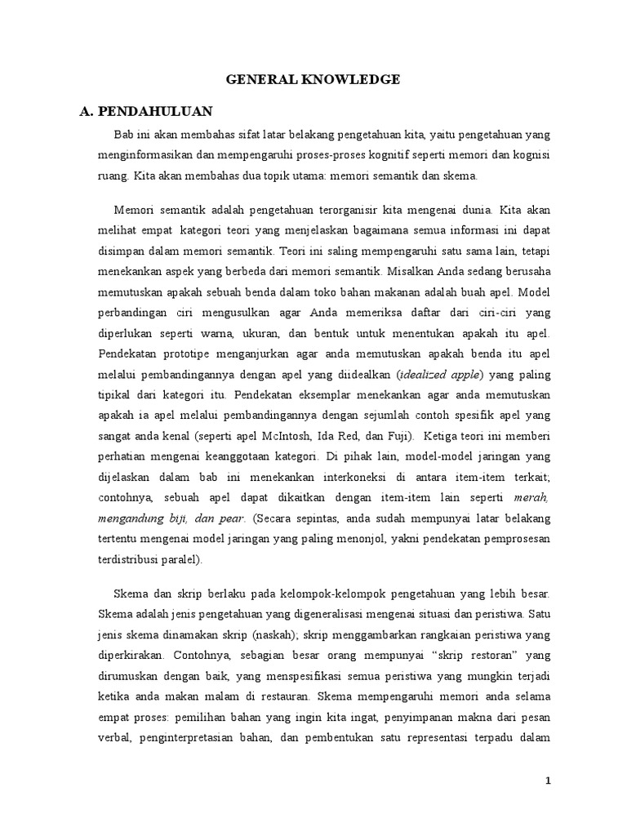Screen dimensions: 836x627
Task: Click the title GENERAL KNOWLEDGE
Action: (313, 79)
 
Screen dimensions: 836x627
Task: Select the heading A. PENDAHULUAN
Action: (148, 111)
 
